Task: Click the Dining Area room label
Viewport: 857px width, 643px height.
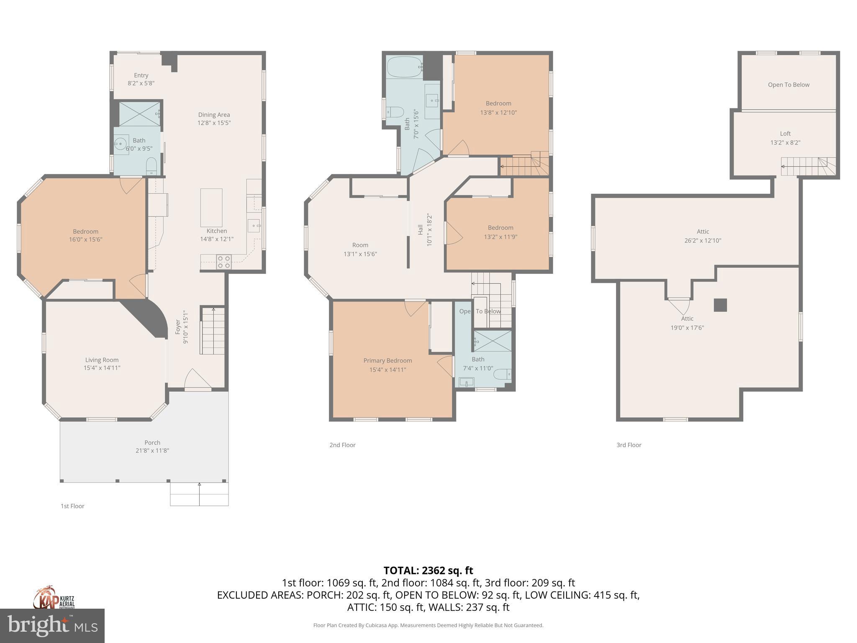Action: (214, 115)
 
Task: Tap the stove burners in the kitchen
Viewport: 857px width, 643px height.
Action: (224, 262)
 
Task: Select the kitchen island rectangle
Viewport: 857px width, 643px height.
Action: (211, 208)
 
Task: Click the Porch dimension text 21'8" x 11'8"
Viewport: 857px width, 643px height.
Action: (152, 451)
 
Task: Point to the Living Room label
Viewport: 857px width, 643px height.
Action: (102, 360)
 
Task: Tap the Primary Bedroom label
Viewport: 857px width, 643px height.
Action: (387, 361)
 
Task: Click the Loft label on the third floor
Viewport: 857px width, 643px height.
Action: (785, 134)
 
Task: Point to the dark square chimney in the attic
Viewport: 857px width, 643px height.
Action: (720, 305)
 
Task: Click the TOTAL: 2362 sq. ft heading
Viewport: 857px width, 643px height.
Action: (428, 571)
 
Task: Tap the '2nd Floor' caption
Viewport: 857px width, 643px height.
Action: (342, 445)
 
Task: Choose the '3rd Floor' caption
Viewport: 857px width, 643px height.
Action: (629, 445)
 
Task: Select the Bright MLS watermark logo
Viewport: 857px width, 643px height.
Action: (52, 626)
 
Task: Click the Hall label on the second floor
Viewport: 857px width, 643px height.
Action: (420, 229)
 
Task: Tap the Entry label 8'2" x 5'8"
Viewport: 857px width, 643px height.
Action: (141, 79)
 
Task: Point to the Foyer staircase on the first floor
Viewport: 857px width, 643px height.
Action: (213, 331)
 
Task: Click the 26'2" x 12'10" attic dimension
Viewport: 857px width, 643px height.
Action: (703, 241)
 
